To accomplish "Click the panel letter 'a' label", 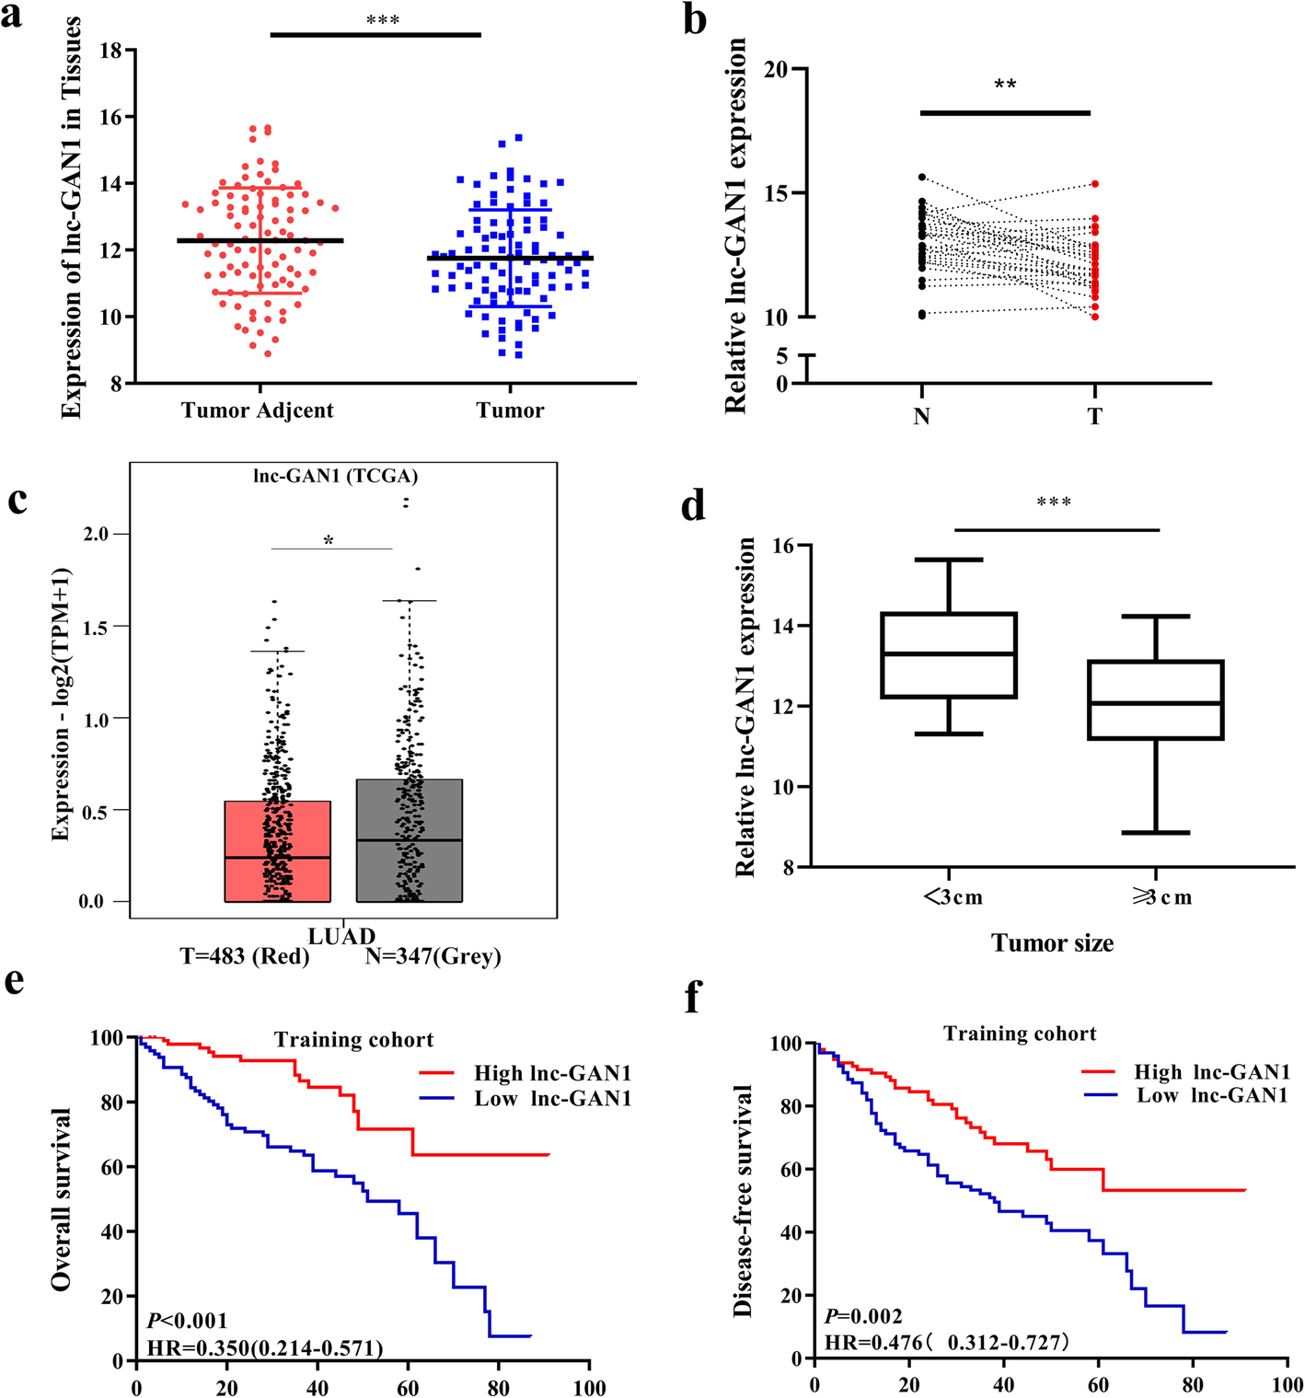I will click(x=12, y=17).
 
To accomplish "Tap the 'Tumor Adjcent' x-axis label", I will click(x=258, y=410).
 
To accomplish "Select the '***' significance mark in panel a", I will click(x=383, y=20).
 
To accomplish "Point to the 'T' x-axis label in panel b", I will click(x=1094, y=417).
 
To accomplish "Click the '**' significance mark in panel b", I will click(x=1005, y=86).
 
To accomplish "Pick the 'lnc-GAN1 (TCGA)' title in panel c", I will click(x=336, y=476).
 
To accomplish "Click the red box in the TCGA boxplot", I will click(x=278, y=851).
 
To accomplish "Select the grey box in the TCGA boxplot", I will click(x=410, y=840).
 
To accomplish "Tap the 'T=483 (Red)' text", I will click(x=245, y=957).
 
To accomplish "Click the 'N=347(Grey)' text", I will click(x=433, y=957).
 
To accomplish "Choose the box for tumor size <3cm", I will click(x=949, y=655).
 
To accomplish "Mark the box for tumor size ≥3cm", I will click(x=1156, y=699).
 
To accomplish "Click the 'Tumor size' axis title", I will click(x=1052, y=943).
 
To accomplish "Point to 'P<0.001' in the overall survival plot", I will click(x=187, y=1322).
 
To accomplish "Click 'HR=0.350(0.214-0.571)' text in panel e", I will click(x=265, y=1349).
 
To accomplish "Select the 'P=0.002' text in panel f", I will click(x=863, y=1317).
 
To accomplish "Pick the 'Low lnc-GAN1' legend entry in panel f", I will click(x=1212, y=1095).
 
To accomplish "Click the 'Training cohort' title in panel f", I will click(x=1020, y=1034).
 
